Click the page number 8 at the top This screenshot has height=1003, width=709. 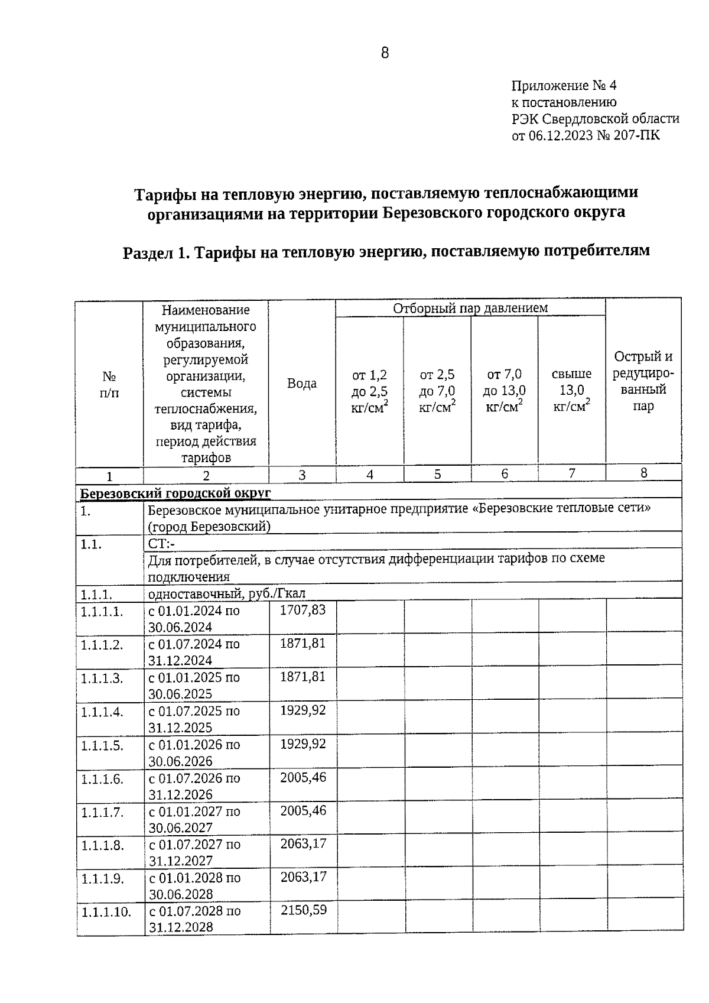385,53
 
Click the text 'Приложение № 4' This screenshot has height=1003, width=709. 564,86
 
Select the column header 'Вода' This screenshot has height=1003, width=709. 301,383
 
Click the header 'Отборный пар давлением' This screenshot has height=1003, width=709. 470,308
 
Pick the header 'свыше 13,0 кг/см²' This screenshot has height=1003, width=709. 571,390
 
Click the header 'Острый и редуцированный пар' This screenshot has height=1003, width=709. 643,381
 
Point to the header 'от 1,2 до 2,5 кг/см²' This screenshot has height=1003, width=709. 370,390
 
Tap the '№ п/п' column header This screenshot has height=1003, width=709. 109,384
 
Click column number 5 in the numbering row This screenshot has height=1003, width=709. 437,474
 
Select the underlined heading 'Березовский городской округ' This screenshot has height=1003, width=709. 175,493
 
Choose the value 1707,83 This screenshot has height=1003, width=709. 303,610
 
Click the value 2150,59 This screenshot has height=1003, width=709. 303,910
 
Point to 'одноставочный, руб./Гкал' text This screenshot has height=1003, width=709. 226,593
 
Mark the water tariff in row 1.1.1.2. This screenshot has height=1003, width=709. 303,644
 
